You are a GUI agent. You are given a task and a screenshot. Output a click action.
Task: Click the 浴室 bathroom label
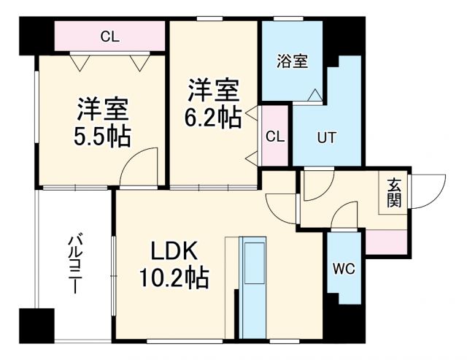[x=293, y=62]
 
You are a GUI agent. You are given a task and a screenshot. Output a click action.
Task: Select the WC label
[x=343, y=269]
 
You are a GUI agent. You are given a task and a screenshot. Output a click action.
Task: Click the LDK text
[x=174, y=251]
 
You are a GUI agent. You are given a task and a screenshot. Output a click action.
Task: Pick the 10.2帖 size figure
[x=174, y=278]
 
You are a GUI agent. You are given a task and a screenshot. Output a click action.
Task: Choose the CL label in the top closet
[x=110, y=36]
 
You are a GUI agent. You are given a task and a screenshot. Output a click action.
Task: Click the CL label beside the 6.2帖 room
[x=275, y=137]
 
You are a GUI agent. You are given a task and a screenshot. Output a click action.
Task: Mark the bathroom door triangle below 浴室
[x=314, y=94]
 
